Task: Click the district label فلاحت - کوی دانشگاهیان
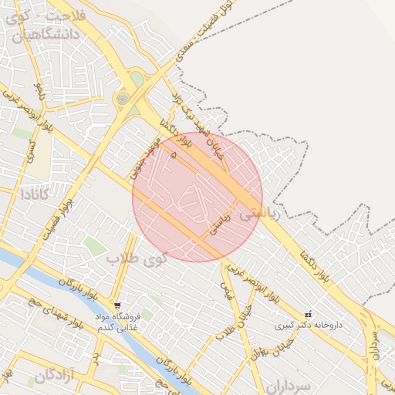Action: click(54, 24)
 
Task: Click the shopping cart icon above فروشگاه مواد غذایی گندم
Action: click(116, 305)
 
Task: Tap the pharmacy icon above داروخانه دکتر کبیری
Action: click(309, 314)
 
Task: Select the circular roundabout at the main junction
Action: click(123, 99)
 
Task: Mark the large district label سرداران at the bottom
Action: click(290, 384)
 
